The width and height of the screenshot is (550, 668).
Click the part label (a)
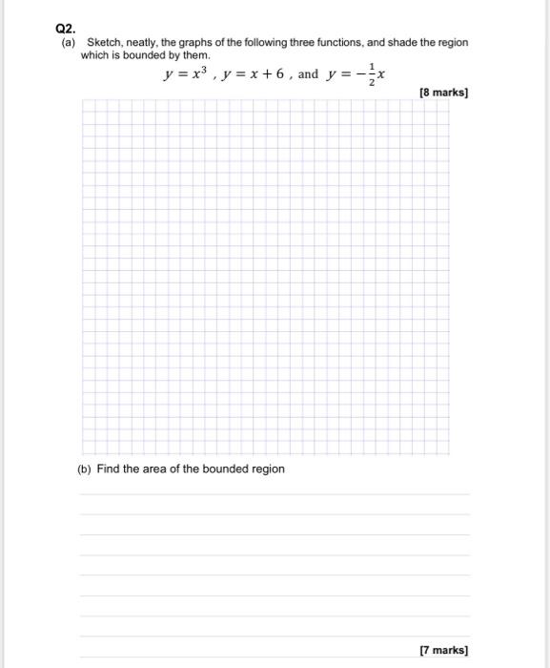pyautogui.click(x=68, y=43)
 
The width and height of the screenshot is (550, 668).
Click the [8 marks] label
pyautogui.click(x=444, y=94)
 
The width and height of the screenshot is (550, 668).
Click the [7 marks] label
pyautogui.click(x=444, y=650)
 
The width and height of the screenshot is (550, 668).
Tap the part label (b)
pyautogui.click(x=85, y=469)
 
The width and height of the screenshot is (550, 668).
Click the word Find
pyautogui.click(x=109, y=469)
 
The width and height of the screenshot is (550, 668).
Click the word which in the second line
pyautogui.click(x=95, y=55)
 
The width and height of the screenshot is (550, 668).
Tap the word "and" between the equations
pyautogui.click(x=308, y=74)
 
